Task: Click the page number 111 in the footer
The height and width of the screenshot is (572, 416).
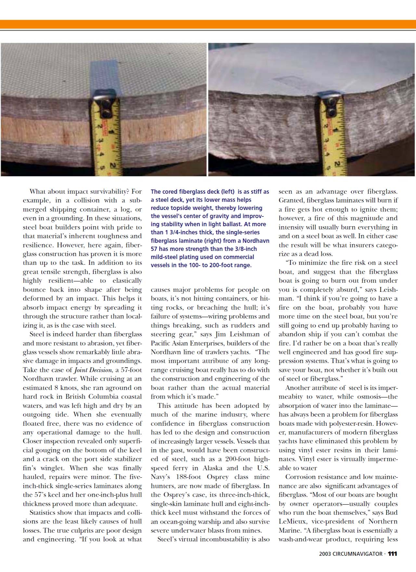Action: click(392, 554)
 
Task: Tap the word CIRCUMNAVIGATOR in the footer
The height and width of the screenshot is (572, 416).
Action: click(357, 554)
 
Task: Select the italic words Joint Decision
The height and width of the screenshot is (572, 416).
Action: click(93, 370)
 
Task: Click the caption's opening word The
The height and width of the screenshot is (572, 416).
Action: click(156, 192)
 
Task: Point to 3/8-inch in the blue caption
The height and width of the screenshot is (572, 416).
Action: click(244, 249)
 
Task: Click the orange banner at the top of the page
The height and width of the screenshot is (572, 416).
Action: click(208, 24)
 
